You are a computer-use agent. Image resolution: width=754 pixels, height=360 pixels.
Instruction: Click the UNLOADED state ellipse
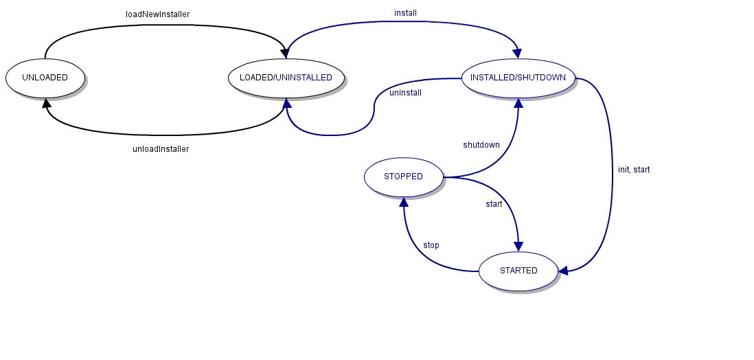[45, 78]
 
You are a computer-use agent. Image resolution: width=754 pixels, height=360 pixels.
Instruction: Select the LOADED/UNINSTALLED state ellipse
[286, 78]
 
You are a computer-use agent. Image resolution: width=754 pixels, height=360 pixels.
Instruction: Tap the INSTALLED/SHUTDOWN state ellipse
[518, 78]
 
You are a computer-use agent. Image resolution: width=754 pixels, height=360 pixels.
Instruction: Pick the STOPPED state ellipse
[403, 177]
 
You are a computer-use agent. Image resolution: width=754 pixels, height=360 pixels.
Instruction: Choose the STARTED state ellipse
[518, 271]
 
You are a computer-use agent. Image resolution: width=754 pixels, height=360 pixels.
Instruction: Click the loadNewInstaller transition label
[157, 14]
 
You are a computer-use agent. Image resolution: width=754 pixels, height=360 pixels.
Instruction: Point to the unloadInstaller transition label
[160, 149]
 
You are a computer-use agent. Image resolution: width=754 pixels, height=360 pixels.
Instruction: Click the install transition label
[405, 13]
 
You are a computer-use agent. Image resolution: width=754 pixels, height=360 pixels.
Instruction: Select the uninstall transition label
[405, 93]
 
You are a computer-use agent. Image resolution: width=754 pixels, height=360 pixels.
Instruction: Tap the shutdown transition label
[481, 145]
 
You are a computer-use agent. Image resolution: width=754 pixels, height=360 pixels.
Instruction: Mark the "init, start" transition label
[633, 170]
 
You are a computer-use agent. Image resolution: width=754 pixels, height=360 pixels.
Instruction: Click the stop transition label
[431, 245]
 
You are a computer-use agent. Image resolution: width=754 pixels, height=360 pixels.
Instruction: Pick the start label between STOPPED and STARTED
[494, 204]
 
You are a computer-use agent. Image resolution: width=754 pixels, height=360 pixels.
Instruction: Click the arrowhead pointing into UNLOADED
[46, 103]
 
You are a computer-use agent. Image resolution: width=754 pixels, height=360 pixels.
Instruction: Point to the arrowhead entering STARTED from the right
[564, 271]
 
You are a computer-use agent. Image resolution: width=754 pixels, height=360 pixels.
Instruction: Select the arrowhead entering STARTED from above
[518, 246]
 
